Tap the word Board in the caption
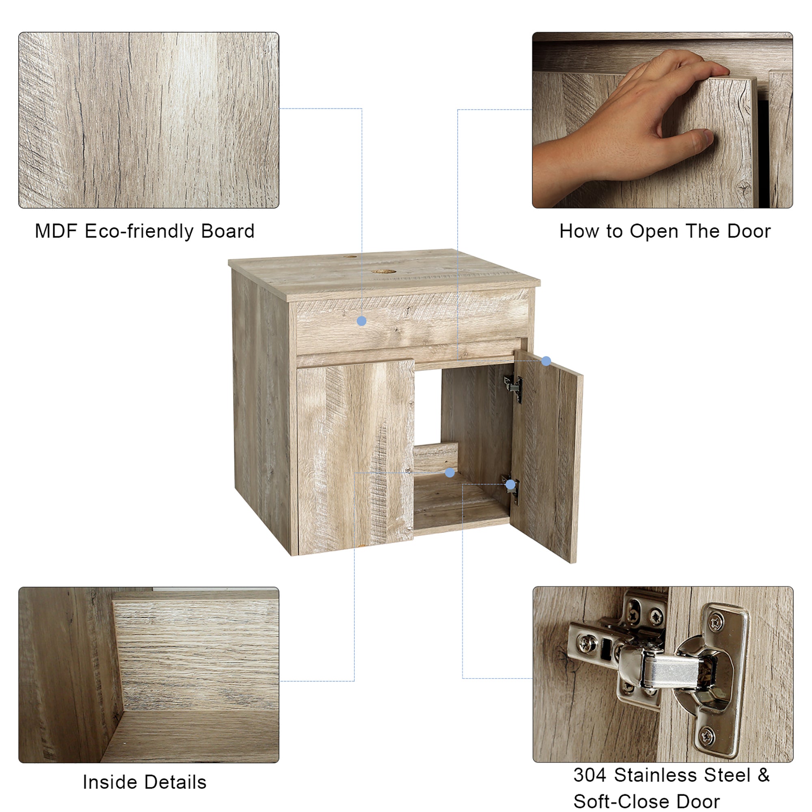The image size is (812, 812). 227,231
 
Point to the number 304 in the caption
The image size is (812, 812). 590,775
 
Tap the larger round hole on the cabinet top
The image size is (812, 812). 381,272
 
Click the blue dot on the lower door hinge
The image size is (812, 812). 510,485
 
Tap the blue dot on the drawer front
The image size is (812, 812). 361,322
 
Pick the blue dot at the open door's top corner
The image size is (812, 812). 546,361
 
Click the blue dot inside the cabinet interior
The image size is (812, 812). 450,473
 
